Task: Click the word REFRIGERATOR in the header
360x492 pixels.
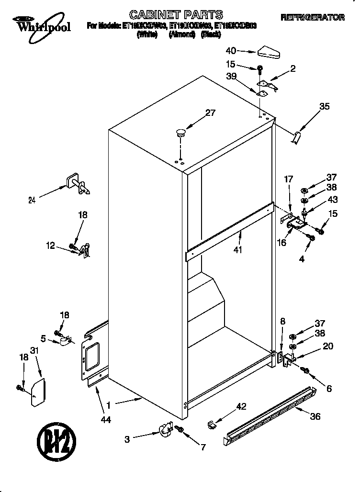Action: pyautogui.click(x=313, y=17)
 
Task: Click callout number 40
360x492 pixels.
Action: pyautogui.click(x=231, y=50)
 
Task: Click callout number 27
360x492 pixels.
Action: pyautogui.click(x=210, y=113)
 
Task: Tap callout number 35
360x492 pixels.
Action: pyautogui.click(x=324, y=107)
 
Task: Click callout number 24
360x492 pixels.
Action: pyautogui.click(x=32, y=201)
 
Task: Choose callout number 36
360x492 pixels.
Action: pyautogui.click(x=315, y=416)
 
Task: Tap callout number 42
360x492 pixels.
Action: pyautogui.click(x=241, y=407)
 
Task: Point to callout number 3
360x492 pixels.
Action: pyautogui.click(x=127, y=439)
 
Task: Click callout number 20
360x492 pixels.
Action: pyautogui.click(x=328, y=347)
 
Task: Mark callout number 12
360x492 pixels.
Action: pyautogui.click(x=50, y=246)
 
